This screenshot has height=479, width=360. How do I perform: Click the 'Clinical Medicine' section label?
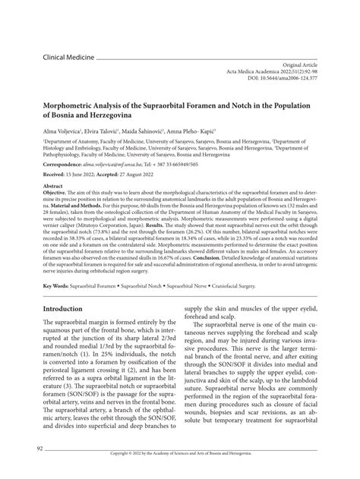point(68,57)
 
